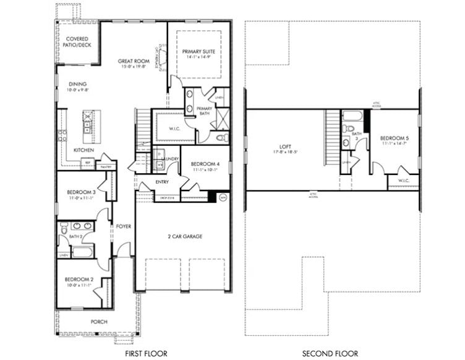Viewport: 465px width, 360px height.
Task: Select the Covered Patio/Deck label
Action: [x=77, y=42]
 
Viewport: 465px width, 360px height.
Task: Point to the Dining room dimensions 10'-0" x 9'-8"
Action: [x=77, y=90]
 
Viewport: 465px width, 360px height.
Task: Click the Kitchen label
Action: [x=83, y=150]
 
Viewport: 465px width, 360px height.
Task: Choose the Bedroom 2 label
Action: [x=78, y=280]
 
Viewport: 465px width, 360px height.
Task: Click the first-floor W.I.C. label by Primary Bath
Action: [x=166, y=129]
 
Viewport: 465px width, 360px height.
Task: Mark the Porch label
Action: [x=99, y=322]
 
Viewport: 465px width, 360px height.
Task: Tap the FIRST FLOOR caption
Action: [x=147, y=354]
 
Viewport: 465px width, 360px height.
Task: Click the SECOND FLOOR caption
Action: [x=330, y=354]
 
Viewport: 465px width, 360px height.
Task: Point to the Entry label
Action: [x=162, y=182]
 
